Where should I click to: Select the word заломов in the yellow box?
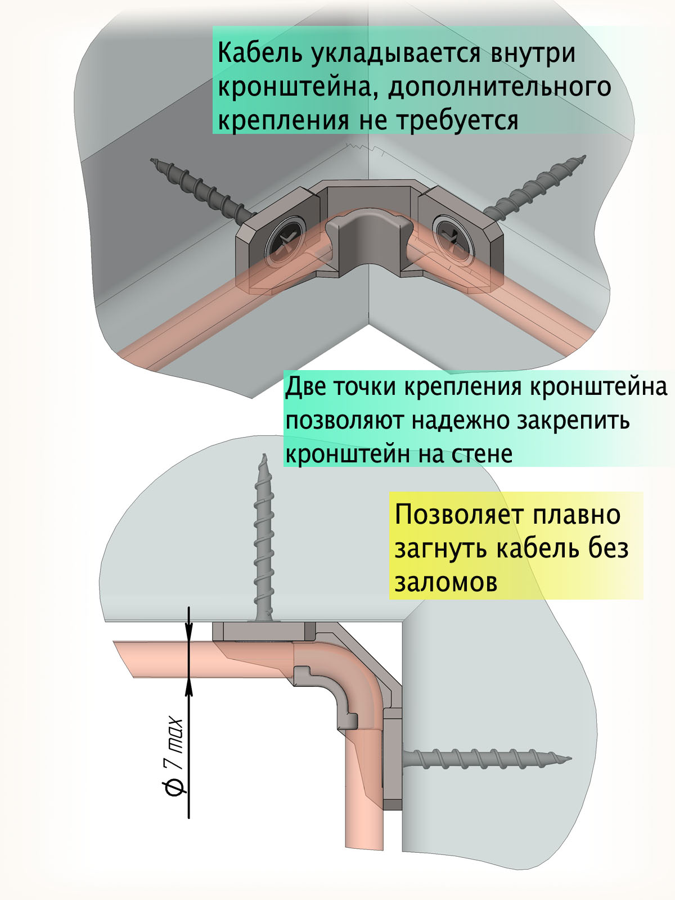(x=446, y=582)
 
